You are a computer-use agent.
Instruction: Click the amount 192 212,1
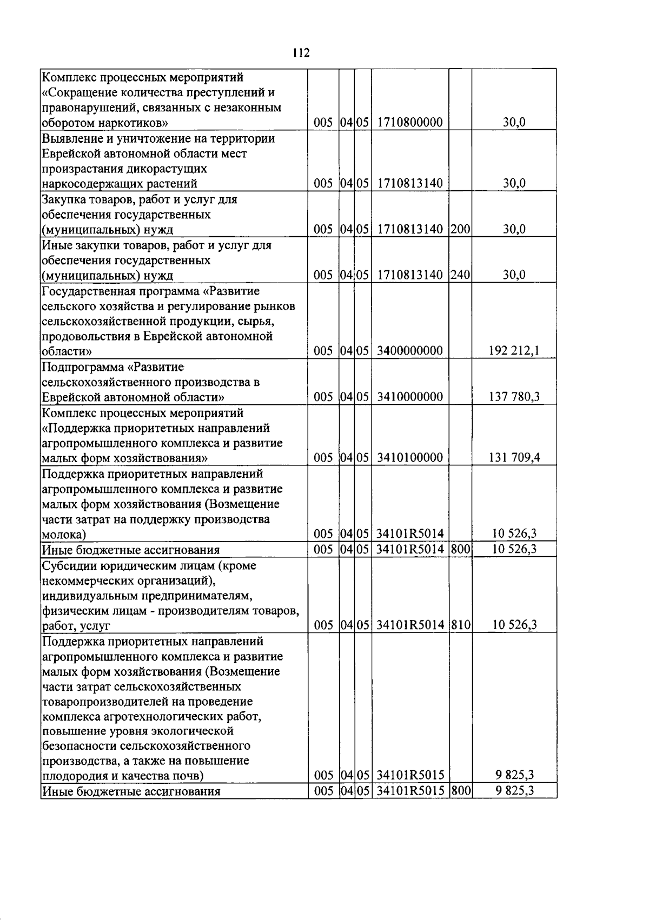coord(514,351)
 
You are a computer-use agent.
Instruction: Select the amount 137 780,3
coord(514,397)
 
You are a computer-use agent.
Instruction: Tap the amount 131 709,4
coord(514,458)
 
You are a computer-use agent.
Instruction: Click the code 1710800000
coord(410,123)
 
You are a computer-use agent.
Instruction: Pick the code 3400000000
coord(410,351)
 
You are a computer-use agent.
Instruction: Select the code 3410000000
coord(410,397)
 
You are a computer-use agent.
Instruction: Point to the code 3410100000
coord(410,458)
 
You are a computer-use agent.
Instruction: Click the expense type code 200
coord(460,229)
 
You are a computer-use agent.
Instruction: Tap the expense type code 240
coord(460,275)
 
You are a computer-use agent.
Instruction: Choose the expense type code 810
coord(460,625)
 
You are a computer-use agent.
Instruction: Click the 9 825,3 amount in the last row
coord(514,791)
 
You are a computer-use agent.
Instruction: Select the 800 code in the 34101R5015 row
coord(460,791)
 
